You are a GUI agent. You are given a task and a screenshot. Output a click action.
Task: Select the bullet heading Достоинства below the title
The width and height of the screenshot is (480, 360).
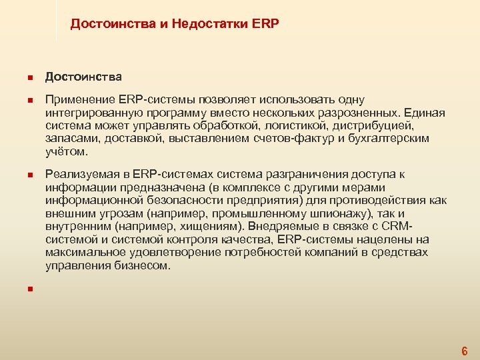point(83,77)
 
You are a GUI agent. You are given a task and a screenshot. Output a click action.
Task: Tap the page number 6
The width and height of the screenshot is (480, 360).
point(464,351)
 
